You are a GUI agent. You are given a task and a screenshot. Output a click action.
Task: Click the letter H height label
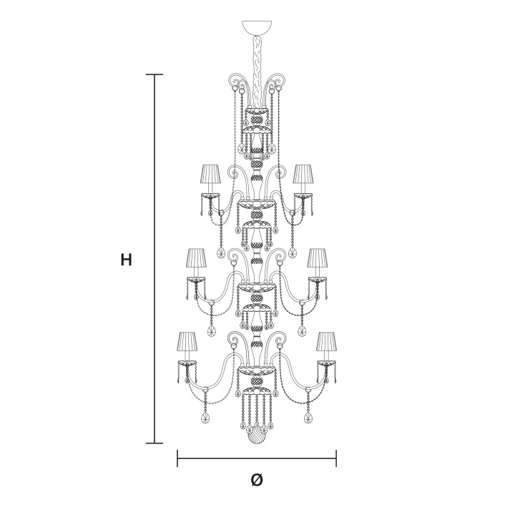(x=127, y=260)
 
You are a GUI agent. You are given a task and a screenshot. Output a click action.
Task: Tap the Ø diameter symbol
(x=257, y=480)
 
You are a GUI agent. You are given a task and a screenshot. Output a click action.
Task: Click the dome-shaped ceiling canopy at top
(x=257, y=27)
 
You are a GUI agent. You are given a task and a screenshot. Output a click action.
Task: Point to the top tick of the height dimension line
(x=154, y=74)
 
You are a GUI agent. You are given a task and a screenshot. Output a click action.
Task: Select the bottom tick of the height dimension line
(x=154, y=443)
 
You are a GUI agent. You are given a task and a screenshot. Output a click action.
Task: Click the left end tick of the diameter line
(x=177, y=458)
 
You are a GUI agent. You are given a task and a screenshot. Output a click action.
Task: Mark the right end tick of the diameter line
(x=336, y=458)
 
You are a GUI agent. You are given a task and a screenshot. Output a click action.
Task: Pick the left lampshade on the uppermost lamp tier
(x=211, y=174)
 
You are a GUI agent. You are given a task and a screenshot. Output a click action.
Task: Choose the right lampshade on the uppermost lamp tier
(x=303, y=174)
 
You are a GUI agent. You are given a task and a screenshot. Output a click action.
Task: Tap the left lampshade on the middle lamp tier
(x=197, y=257)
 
